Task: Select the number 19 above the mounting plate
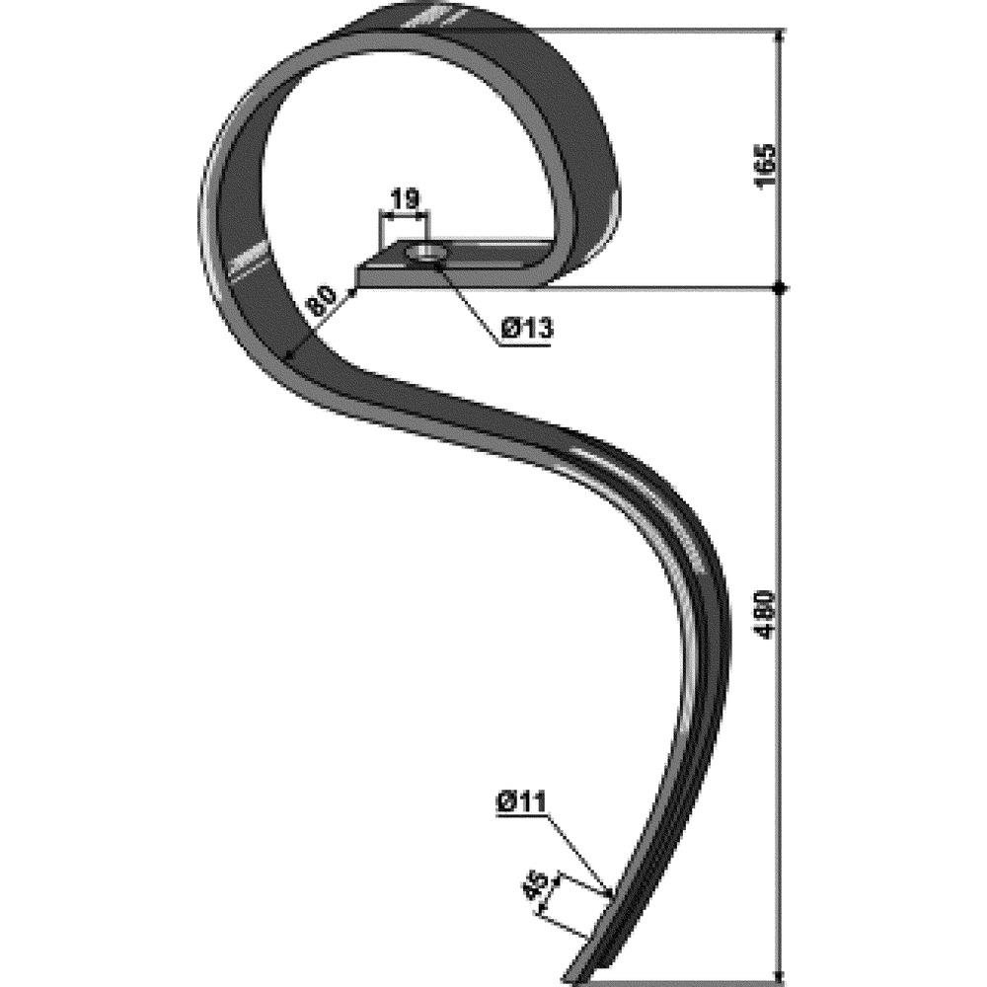[403, 200]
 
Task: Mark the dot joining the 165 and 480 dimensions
[780, 288]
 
